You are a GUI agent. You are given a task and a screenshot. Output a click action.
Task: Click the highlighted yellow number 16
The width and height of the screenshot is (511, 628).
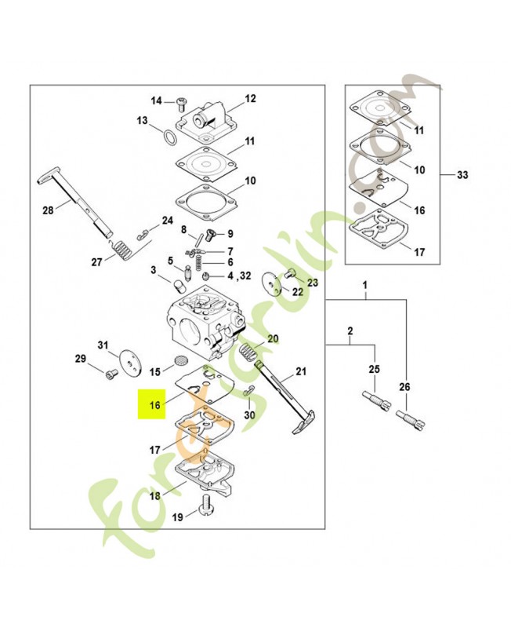tap(154, 405)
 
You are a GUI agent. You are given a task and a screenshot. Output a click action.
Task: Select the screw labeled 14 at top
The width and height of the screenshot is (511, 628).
tap(181, 101)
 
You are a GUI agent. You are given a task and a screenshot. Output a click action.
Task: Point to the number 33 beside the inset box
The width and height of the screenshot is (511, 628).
tap(462, 175)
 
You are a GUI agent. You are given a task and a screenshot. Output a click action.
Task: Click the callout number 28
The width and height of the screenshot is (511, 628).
tap(48, 210)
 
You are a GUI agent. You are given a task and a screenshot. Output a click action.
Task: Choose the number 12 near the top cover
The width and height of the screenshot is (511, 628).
tap(250, 99)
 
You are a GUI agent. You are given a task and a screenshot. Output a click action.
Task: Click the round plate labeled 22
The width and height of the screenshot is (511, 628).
tap(274, 283)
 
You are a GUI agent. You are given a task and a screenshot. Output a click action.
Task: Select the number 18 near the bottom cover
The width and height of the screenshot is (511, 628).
tap(155, 496)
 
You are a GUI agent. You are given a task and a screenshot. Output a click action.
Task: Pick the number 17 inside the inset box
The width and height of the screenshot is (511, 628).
tap(419, 252)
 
